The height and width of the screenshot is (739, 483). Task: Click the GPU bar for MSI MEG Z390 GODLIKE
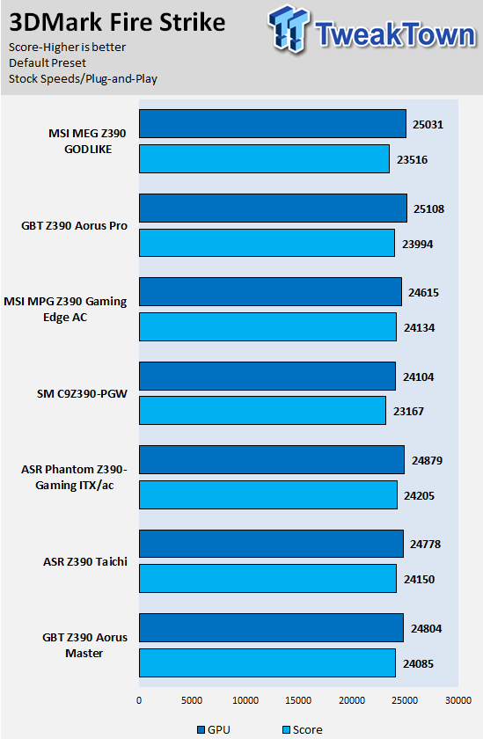(x=273, y=124)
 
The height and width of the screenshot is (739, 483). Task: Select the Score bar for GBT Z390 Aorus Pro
(x=267, y=243)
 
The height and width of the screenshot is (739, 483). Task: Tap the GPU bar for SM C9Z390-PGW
(x=267, y=377)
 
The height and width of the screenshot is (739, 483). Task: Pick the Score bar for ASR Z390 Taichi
(x=267, y=578)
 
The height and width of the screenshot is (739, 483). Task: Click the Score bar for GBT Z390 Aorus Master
(x=267, y=662)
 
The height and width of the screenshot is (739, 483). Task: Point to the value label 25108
(x=428, y=209)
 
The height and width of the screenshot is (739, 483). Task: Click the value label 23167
(x=408, y=412)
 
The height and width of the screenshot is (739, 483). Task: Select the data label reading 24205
(x=419, y=496)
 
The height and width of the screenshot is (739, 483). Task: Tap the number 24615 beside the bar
(x=424, y=293)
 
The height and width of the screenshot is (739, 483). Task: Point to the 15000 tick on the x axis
(x=298, y=700)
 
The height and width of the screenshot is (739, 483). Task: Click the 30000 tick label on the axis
(x=458, y=700)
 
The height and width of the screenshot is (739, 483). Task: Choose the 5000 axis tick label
(x=192, y=700)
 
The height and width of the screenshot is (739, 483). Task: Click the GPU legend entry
(x=214, y=729)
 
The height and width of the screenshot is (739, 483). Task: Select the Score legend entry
(x=303, y=729)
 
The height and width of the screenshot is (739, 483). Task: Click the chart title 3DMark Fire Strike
(x=117, y=22)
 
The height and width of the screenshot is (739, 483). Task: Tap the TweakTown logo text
(x=396, y=34)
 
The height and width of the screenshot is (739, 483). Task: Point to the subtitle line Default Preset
(x=48, y=63)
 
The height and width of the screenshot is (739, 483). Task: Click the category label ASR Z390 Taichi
(x=85, y=562)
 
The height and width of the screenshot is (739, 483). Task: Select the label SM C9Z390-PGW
(x=82, y=393)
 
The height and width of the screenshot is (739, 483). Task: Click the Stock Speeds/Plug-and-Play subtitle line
(x=83, y=78)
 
